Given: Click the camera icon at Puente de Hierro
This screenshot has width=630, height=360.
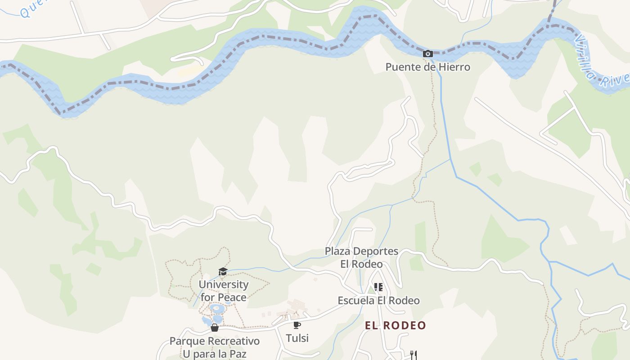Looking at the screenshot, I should (x=427, y=54).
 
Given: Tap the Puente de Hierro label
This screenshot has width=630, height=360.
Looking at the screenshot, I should (x=427, y=67).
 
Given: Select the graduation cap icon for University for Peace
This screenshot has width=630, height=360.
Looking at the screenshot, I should (x=223, y=271).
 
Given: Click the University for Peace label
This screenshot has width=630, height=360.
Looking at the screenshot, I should (x=224, y=291).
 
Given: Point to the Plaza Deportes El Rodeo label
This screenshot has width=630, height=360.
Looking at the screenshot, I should (x=362, y=257).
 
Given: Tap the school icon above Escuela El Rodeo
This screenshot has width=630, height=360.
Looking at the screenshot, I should (x=378, y=287).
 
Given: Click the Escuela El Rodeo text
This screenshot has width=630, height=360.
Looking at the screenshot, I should (x=378, y=301).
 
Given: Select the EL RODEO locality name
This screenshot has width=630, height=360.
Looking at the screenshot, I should (x=395, y=325).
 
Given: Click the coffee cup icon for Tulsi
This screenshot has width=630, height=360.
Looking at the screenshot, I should (x=297, y=325).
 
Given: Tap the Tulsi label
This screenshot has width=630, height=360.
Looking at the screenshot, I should (x=297, y=338).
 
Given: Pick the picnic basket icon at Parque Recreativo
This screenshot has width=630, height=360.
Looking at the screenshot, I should (x=215, y=328).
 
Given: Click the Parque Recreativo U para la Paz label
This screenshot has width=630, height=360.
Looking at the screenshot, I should (x=215, y=347).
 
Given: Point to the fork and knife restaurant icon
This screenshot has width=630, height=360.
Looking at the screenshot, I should (x=414, y=355).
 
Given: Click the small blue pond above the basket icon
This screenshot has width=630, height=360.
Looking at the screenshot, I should (x=217, y=309).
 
